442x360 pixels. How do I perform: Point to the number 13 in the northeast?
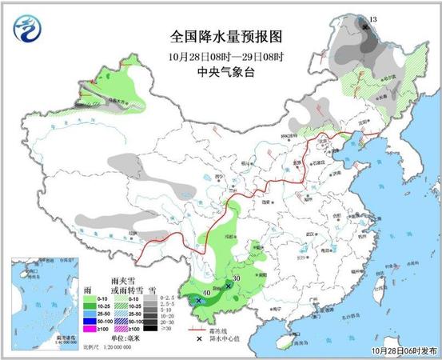372,18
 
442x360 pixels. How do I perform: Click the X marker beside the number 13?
365,27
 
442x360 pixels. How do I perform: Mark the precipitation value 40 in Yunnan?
207,294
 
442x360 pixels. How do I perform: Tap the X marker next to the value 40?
198,301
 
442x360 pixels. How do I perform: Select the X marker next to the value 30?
229,286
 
